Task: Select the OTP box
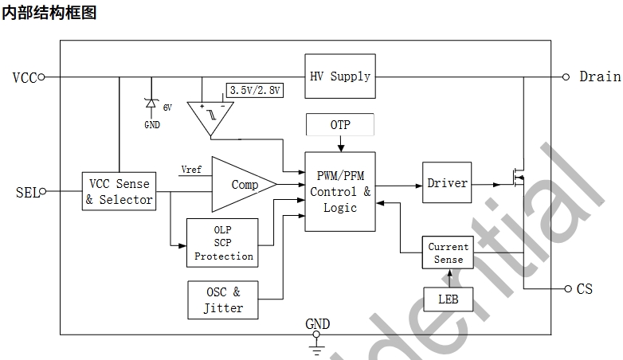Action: tap(340, 125)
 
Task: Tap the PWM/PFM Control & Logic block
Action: tap(340, 191)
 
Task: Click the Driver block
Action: tap(447, 183)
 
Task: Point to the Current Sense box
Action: tap(449, 253)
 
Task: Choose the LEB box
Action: tap(449, 299)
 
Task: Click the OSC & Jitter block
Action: tap(223, 299)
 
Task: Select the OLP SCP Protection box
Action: tap(223, 244)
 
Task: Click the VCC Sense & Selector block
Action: tap(119, 192)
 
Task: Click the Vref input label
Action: tap(192, 170)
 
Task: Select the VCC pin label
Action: tap(25, 77)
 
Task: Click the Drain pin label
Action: tap(599, 76)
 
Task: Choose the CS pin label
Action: tap(585, 288)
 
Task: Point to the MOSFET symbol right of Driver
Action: tap(518, 177)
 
